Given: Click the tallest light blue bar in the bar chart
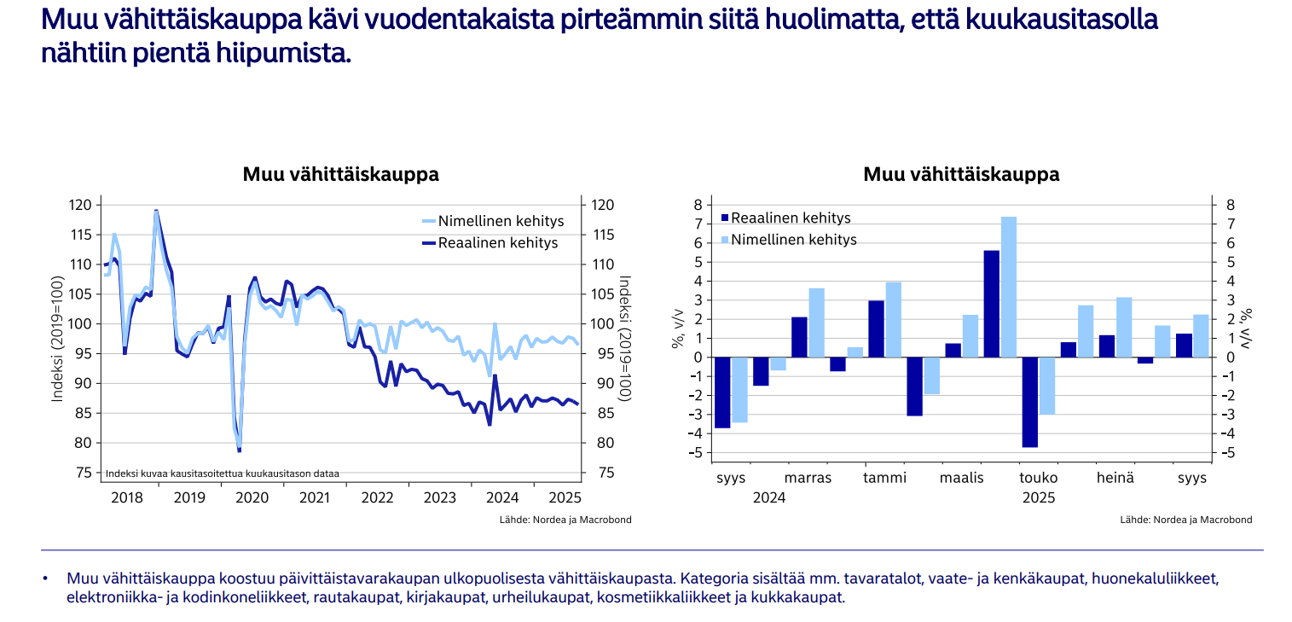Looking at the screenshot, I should [1009, 287].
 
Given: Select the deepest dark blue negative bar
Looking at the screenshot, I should [1029, 402].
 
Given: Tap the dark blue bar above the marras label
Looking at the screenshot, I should [799, 337].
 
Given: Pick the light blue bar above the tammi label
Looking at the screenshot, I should [894, 319].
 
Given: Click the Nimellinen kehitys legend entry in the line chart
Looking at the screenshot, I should [501, 222].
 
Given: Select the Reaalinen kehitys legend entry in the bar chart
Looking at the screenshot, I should [791, 218].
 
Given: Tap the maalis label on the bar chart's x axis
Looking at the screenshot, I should [962, 478].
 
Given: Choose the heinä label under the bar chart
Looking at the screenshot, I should [1115, 478].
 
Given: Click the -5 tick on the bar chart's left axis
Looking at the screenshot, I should [696, 453].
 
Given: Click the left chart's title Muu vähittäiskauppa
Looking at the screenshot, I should [340, 175].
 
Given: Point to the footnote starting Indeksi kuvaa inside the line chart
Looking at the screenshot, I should [222, 474].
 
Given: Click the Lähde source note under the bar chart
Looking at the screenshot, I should [1186, 520].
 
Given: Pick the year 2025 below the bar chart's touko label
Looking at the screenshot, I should [1039, 497].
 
